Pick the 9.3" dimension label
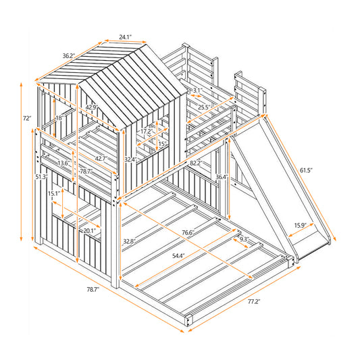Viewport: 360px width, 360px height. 245,238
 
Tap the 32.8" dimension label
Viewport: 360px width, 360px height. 131,241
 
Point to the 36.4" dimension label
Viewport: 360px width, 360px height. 220,178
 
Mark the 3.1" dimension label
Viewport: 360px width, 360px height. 197,91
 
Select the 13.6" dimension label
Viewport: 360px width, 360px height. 64,163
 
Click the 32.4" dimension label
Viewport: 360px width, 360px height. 130,159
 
